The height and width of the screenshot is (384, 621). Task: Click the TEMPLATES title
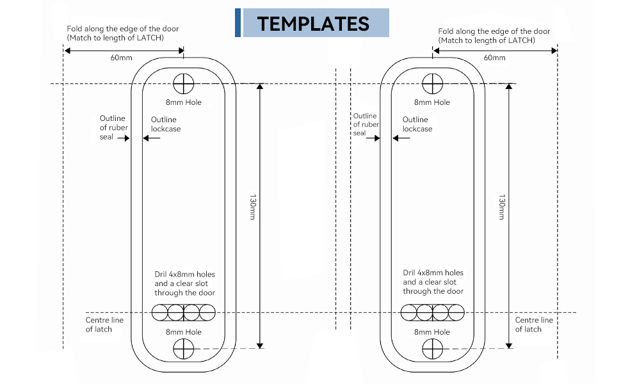313,24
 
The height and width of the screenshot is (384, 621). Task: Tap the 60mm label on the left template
121,58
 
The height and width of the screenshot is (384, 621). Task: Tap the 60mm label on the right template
494,58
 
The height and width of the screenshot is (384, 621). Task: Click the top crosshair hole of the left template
183,84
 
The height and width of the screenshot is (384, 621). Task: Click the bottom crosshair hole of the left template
183,349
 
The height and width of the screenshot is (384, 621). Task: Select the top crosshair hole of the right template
432,84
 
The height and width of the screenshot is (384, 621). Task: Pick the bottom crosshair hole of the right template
432,349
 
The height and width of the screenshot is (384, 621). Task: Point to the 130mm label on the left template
253,207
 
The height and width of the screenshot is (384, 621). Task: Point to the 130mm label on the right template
502,207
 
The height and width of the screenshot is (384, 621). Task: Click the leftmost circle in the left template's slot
159,312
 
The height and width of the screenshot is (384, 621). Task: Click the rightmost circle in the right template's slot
456,312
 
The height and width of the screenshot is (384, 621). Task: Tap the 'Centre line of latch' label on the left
104,324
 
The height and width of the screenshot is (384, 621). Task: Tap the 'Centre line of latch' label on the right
534,324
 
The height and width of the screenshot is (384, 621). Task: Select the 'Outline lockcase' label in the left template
166,124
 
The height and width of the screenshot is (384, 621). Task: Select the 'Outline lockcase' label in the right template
417,124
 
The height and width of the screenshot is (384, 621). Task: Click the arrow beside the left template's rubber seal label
124,138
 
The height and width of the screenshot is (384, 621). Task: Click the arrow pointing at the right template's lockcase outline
401,138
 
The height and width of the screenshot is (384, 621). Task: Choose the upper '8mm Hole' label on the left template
183,102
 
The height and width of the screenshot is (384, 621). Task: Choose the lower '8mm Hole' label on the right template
431,332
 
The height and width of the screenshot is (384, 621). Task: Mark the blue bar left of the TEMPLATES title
238,22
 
